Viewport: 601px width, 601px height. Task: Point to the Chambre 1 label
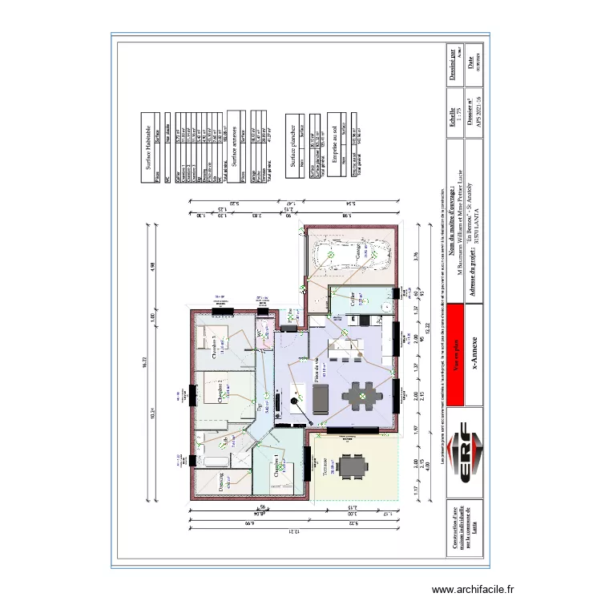276,466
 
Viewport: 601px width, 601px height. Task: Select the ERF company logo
468,457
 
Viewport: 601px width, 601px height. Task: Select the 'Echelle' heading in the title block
452,119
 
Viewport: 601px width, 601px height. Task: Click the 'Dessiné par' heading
452,64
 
